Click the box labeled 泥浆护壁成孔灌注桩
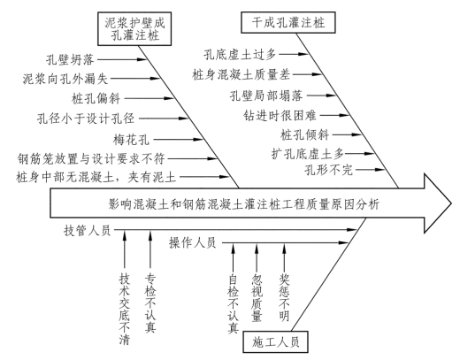click(134, 29)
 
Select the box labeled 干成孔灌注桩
click(288, 22)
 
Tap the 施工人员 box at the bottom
click(275, 341)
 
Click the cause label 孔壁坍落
click(70, 60)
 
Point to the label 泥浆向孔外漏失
click(65, 79)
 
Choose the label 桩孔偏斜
click(96, 98)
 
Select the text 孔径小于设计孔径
click(86, 119)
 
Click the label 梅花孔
click(131, 139)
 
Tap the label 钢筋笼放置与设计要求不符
click(91, 158)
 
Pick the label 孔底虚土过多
click(240, 55)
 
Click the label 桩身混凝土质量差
click(241, 75)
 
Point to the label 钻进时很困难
click(280, 115)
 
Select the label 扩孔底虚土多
click(308, 154)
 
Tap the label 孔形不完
click(329, 170)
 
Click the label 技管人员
click(87, 230)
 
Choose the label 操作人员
click(193, 243)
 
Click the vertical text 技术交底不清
click(125, 309)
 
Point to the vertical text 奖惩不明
click(284, 297)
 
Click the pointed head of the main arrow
click(451, 203)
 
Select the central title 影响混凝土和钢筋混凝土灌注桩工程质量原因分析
click(244, 204)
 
